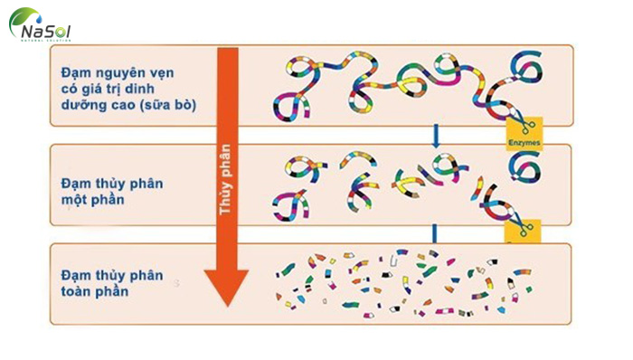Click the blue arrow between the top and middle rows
coord(437,136)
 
